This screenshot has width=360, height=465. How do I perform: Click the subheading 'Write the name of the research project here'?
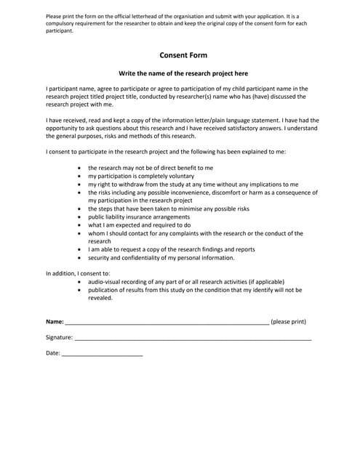[x=183, y=73]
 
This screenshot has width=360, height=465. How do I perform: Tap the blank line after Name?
[x=167, y=322]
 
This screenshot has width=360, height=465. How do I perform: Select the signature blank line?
[x=193, y=339]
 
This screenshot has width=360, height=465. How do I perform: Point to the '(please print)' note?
[x=289, y=321]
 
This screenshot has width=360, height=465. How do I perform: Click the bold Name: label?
[x=55, y=321]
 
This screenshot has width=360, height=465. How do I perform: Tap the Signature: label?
[x=59, y=338]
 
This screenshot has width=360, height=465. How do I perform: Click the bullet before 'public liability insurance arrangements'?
[x=80, y=217]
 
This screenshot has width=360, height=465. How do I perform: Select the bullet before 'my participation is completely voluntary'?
[x=80, y=177]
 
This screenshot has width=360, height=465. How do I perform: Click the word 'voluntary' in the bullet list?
[x=180, y=177]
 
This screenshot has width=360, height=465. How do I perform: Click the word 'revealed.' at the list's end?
[x=100, y=297]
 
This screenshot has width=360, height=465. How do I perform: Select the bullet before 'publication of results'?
[x=80, y=289]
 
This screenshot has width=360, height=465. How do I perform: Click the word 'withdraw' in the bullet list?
[x=129, y=185]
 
